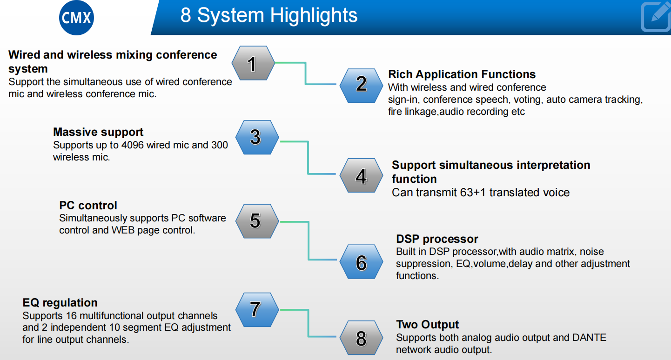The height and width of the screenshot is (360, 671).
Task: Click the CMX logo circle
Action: tap(77, 19)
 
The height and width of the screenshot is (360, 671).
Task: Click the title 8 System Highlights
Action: tap(269, 15)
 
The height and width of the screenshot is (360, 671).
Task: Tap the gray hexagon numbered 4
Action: tap(361, 176)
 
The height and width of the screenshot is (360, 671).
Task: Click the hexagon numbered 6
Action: tap(361, 262)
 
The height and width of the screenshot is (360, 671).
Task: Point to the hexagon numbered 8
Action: tap(361, 338)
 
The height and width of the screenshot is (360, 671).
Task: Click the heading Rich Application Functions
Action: tap(462, 74)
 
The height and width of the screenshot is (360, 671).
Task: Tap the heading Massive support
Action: tap(98, 132)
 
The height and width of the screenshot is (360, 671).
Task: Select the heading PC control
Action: tap(88, 206)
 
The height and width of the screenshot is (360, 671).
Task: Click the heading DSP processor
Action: tap(437, 239)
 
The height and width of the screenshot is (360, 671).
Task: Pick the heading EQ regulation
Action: tap(60, 303)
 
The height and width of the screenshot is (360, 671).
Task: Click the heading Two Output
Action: tap(427, 325)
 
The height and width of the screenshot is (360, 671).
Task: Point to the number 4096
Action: tap(133, 145)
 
